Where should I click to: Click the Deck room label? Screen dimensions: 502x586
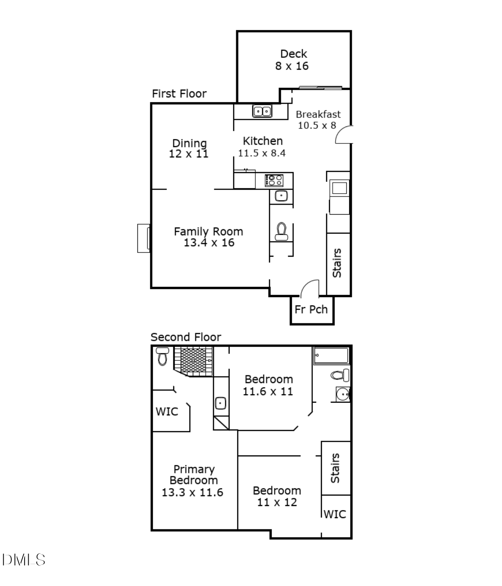(x=293, y=54)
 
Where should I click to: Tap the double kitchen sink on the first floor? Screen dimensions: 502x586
(x=262, y=111)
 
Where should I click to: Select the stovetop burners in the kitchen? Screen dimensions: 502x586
(x=274, y=180)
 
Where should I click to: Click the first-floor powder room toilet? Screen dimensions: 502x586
(x=281, y=231)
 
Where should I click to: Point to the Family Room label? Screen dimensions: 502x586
(x=209, y=231)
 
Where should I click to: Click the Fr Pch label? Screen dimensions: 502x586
(x=311, y=309)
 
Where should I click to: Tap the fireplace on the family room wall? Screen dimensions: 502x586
(x=143, y=238)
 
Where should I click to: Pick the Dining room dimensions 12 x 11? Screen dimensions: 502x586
(x=189, y=154)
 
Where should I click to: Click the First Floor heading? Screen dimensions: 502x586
(x=179, y=93)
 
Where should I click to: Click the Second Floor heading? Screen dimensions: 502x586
(x=186, y=337)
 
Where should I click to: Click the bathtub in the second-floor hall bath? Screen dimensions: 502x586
(x=331, y=356)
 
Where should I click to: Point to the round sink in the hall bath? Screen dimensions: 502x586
(x=343, y=394)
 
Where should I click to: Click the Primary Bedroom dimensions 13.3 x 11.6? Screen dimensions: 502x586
(x=192, y=493)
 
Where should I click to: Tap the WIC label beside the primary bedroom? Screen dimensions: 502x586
(x=167, y=411)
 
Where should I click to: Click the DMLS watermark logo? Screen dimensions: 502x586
(x=23, y=560)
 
